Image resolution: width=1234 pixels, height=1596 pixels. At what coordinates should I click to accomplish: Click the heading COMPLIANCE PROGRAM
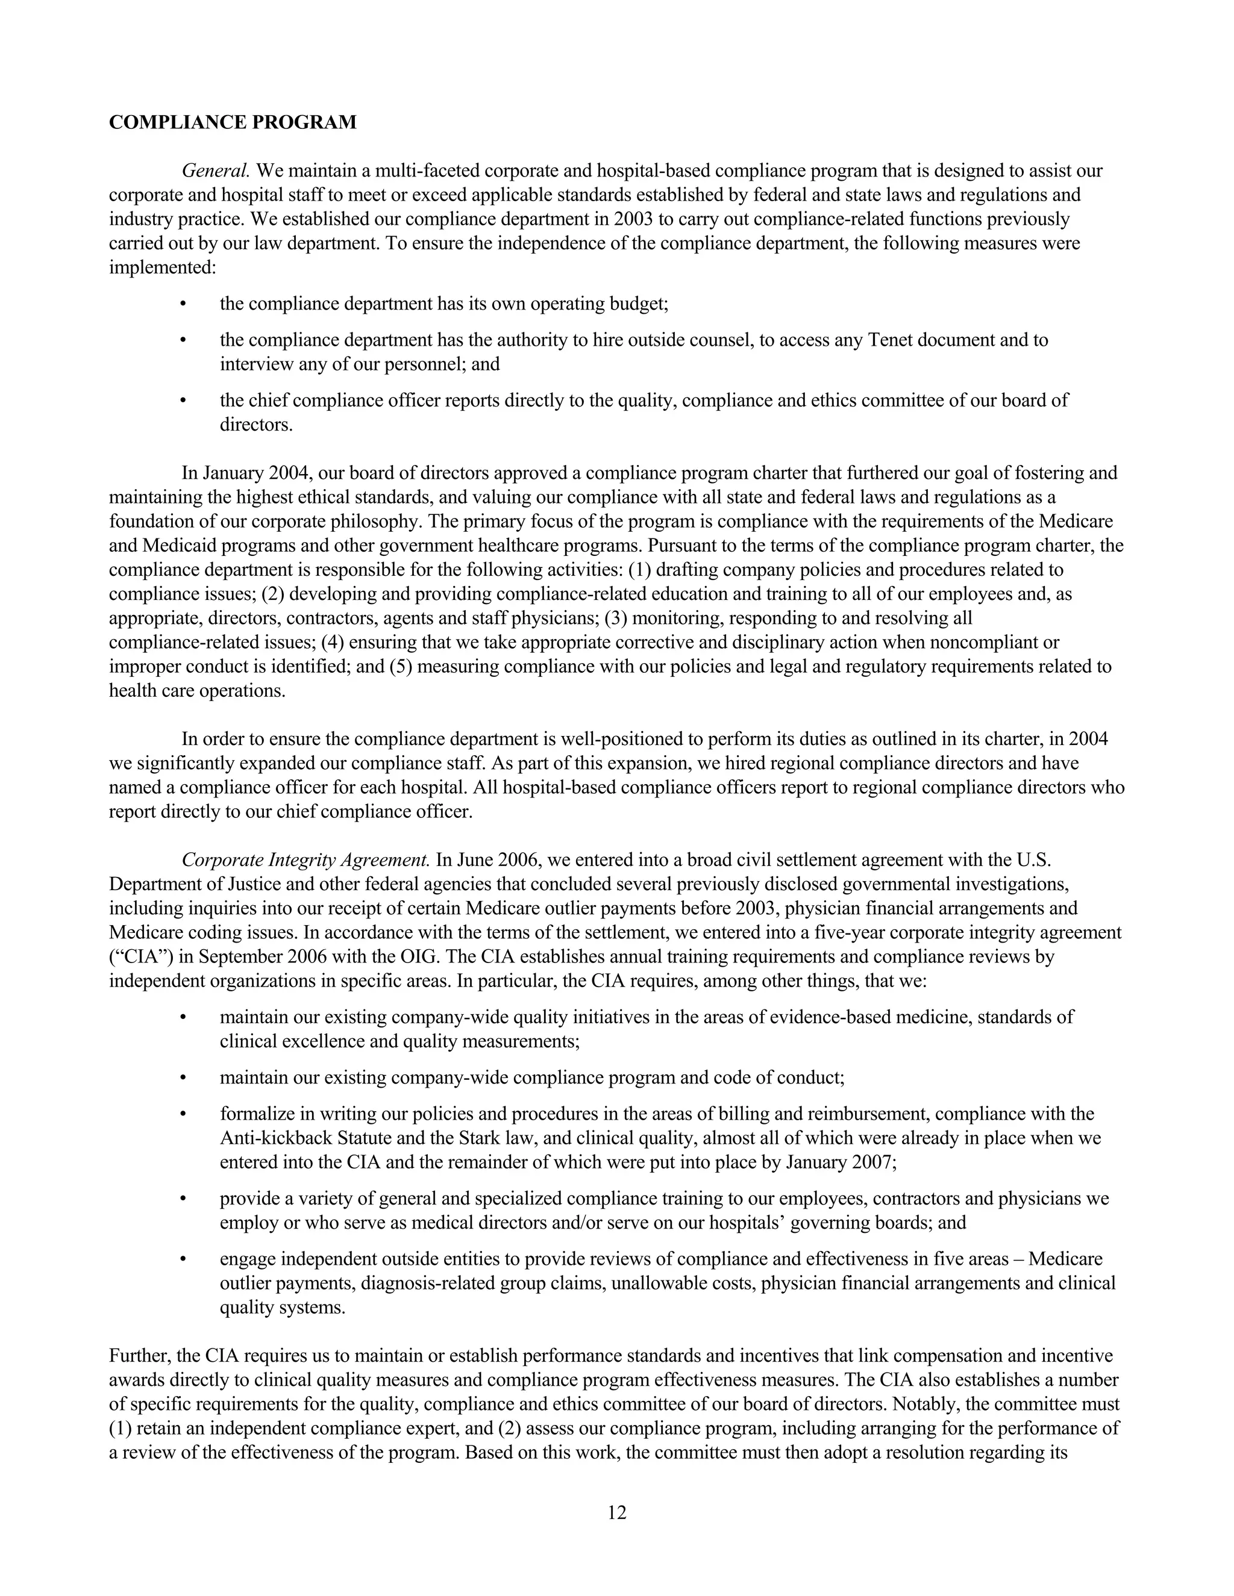pos(233,122)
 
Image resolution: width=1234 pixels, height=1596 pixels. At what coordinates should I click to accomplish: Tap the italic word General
pos(216,171)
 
